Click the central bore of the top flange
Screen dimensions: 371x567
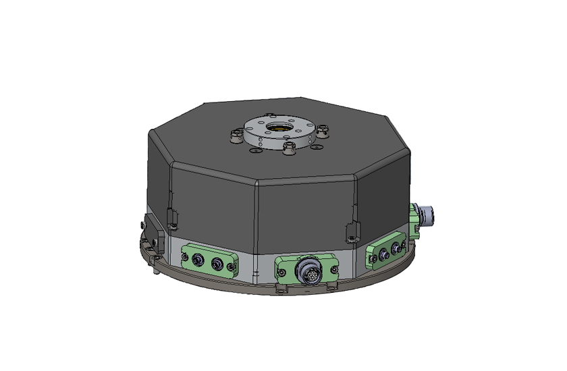pos(277,127)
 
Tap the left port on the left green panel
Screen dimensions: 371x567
pos(197,260)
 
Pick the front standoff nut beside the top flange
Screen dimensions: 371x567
pos(289,148)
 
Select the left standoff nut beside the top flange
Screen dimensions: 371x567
pos(236,136)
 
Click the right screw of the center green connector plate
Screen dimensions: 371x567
pos(333,268)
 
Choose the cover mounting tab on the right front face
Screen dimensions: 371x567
pos(351,232)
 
